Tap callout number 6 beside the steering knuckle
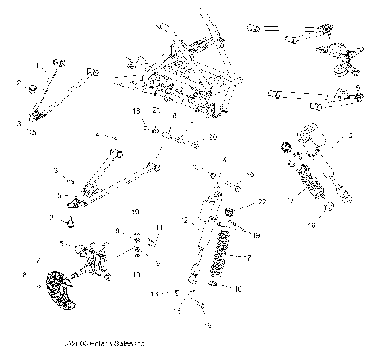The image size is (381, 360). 60,243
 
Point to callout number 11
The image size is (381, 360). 159,226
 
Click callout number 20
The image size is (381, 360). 212,137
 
